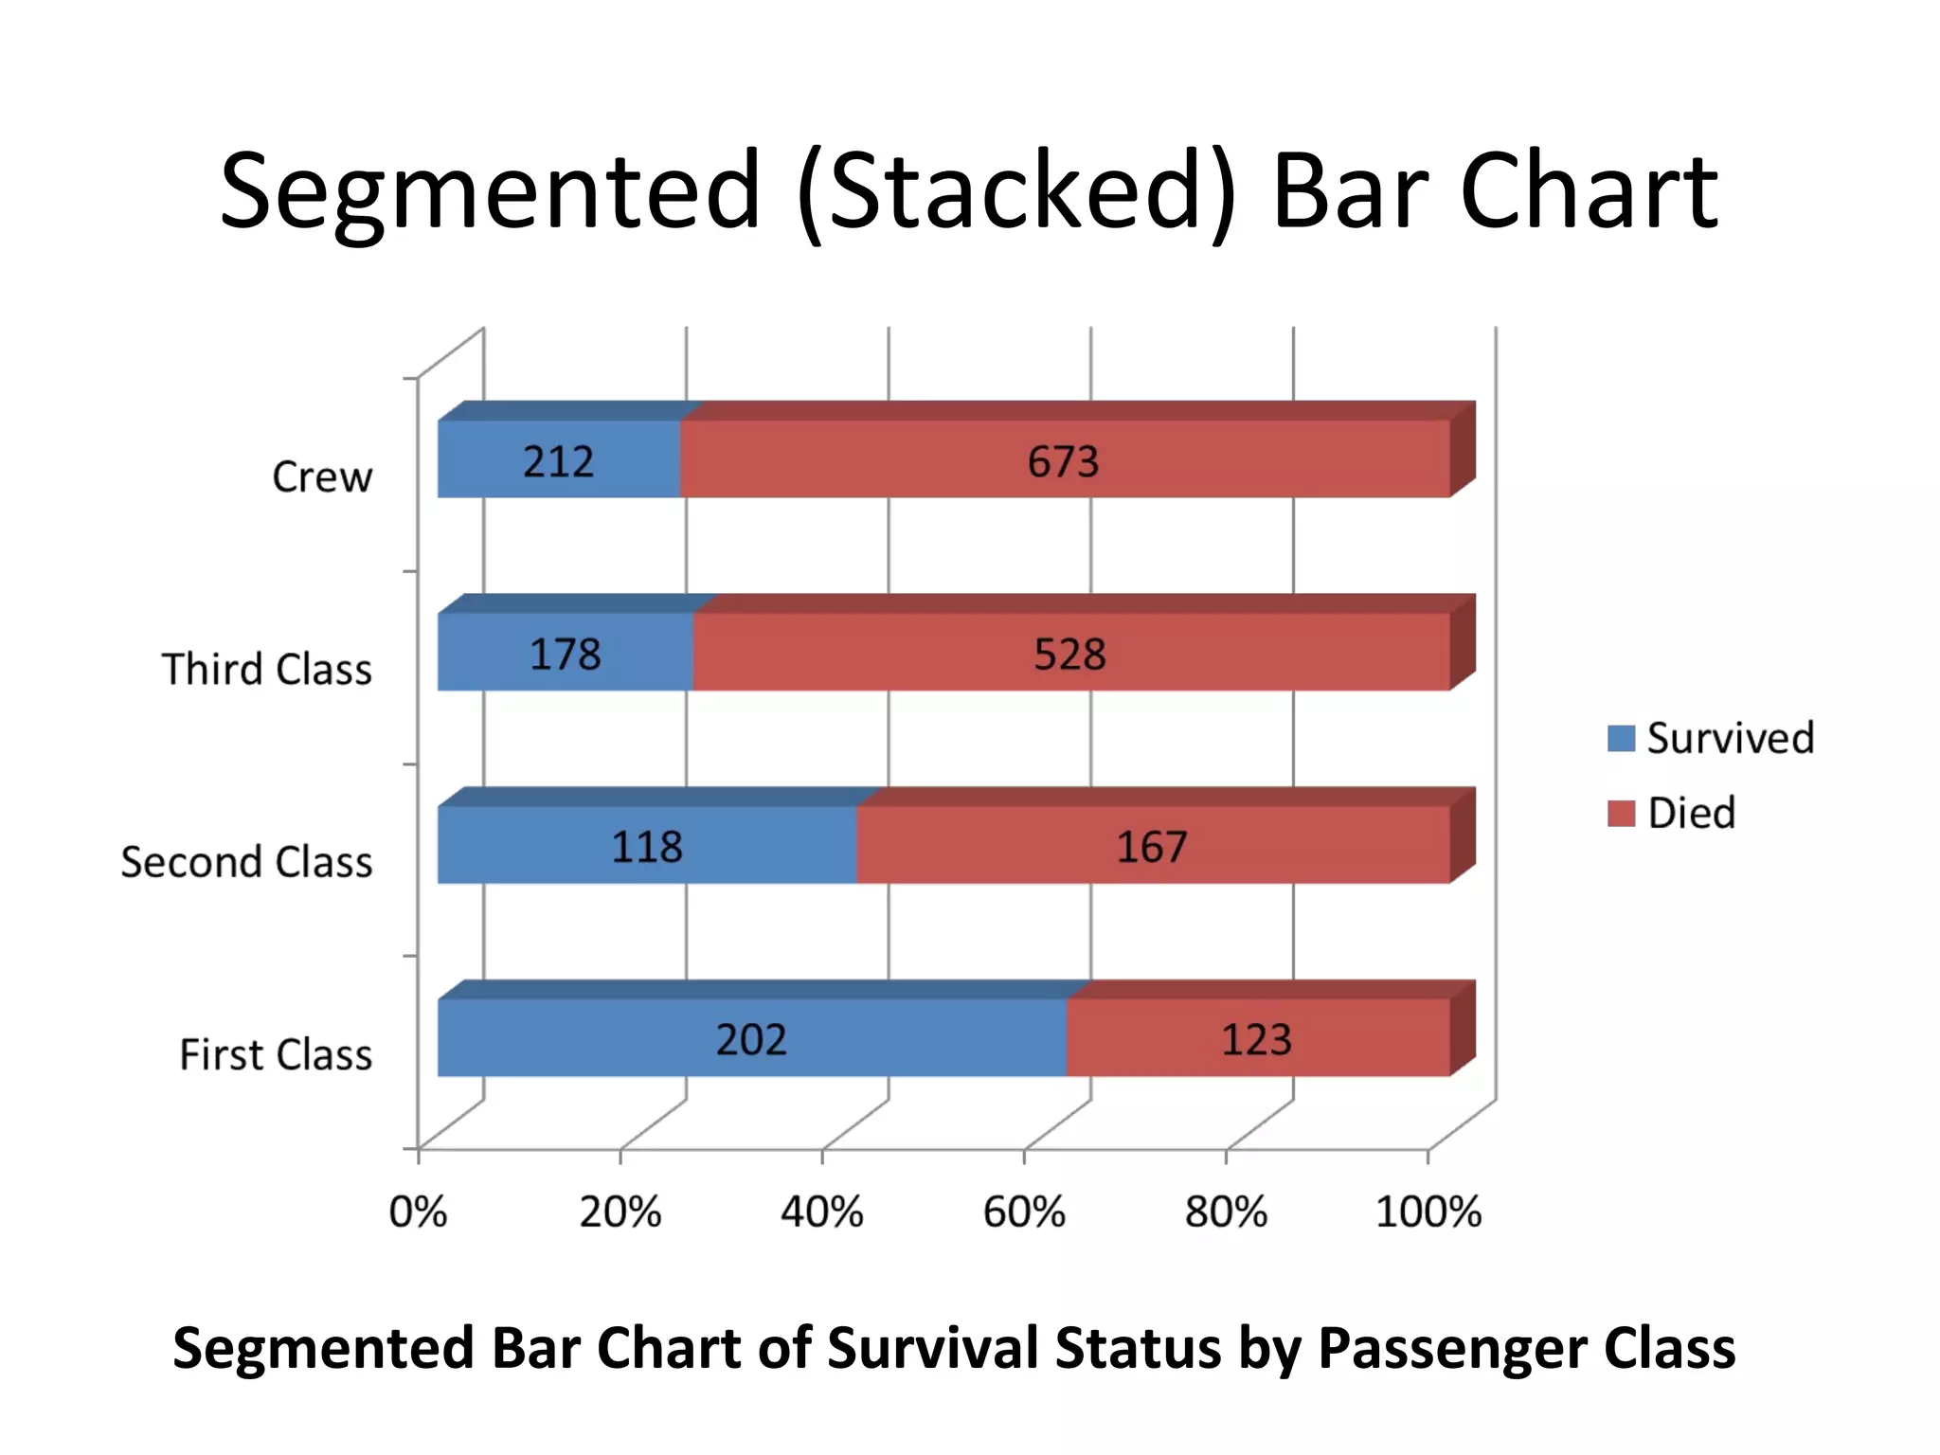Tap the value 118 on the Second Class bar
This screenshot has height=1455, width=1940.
click(647, 846)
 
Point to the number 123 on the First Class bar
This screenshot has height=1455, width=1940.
click(1256, 1039)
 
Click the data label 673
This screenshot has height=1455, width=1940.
click(1063, 461)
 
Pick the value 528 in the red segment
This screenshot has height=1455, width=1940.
click(1069, 654)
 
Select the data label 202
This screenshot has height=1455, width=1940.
click(750, 1039)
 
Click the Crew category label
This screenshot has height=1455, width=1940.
click(322, 476)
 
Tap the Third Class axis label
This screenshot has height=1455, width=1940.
click(267, 670)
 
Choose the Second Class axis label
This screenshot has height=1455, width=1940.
click(246, 862)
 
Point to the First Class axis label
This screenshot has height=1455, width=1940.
click(276, 1054)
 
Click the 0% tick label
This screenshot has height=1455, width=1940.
click(418, 1212)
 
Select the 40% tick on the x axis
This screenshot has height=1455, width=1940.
click(821, 1212)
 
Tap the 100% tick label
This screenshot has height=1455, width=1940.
click(1428, 1212)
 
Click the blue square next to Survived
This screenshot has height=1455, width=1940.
click(1621, 738)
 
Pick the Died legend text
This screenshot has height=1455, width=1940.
click(1692, 813)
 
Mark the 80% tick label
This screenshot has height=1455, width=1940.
click(1226, 1212)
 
